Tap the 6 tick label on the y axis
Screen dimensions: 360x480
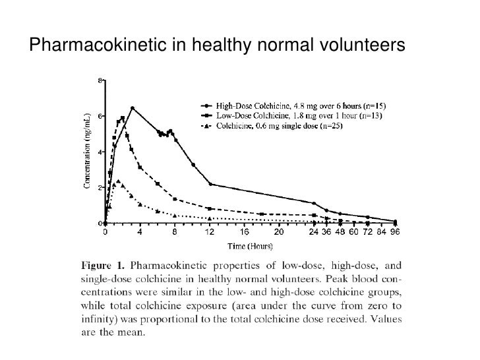tap(100, 116)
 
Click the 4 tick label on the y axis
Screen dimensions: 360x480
tap(100, 152)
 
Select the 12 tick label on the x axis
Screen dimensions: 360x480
tap(210, 232)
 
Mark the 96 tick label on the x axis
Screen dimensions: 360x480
tap(395, 232)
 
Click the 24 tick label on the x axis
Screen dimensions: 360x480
tap(314, 232)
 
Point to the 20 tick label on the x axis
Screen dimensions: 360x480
tap(279, 232)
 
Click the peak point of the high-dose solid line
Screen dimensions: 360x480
tap(133, 108)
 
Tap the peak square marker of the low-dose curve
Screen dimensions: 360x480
tap(123, 119)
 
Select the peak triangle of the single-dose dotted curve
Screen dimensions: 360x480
tap(118, 181)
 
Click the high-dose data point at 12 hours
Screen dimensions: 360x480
tap(210, 184)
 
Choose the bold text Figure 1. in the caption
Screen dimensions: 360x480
tap(102, 266)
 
